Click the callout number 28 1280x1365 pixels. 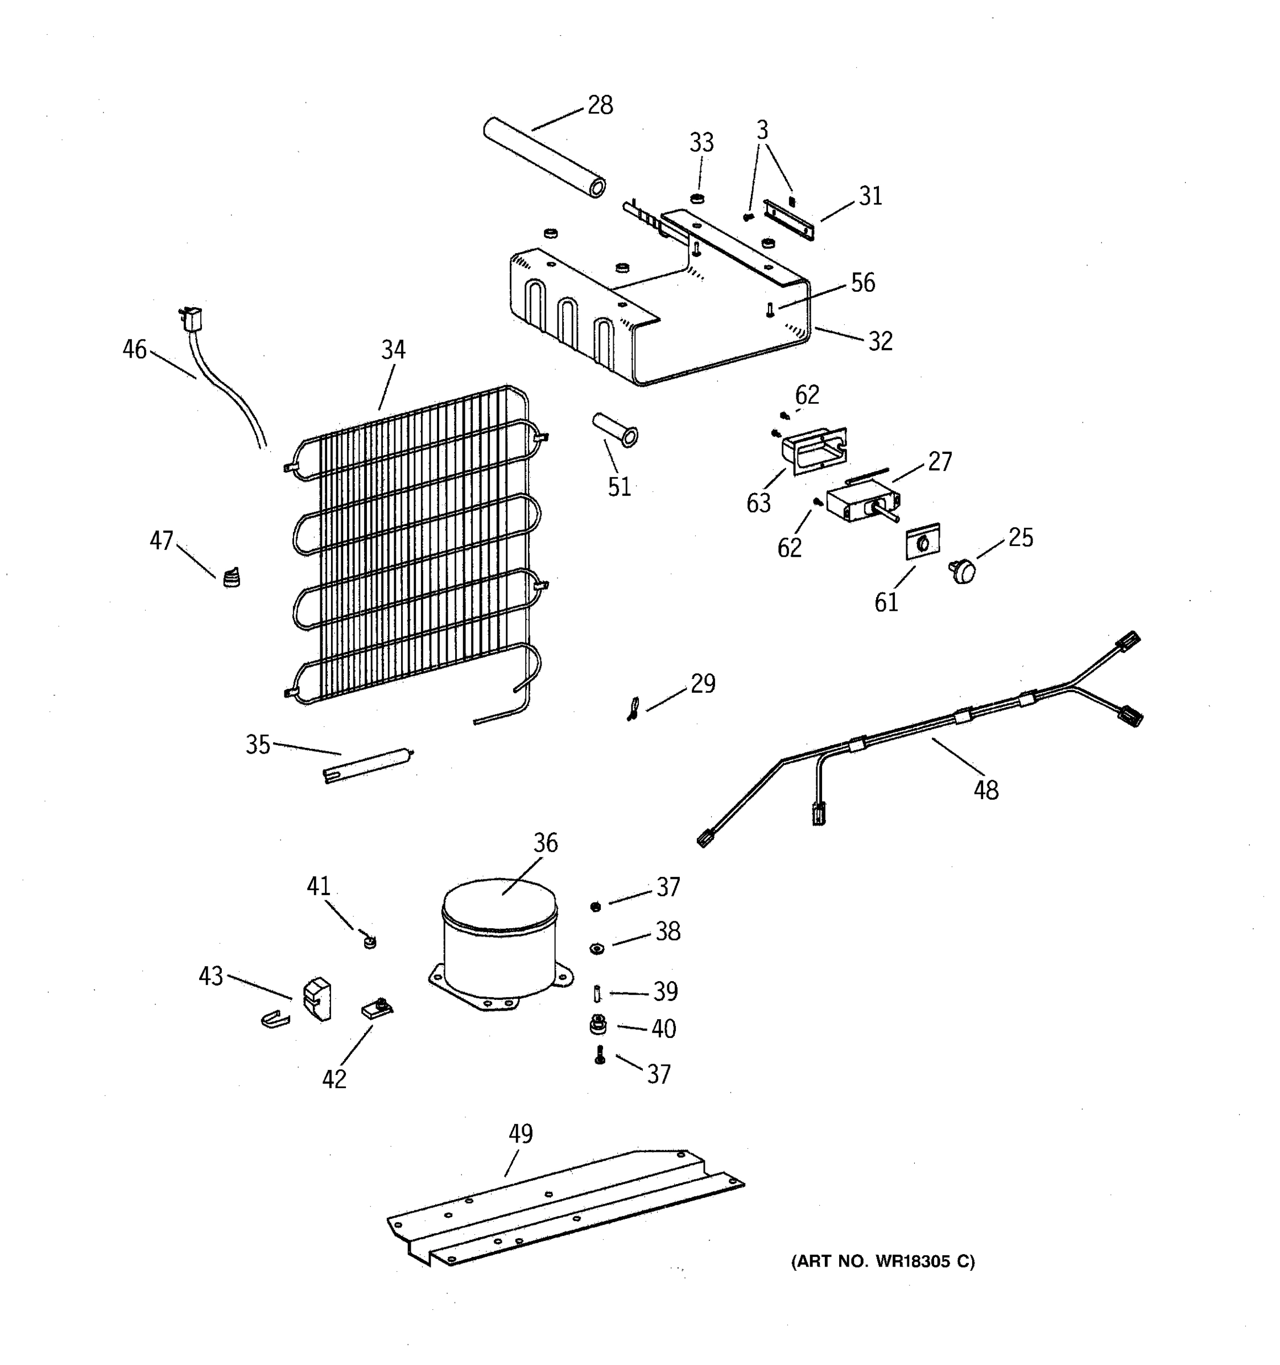(600, 105)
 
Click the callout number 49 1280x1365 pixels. (521, 1134)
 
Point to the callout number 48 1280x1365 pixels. (985, 791)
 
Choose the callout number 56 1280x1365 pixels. (862, 282)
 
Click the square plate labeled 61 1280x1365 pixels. (922, 543)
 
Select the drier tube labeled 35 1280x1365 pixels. (368, 765)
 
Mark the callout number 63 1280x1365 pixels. (758, 503)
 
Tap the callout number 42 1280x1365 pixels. (334, 1079)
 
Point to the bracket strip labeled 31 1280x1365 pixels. (789, 220)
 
